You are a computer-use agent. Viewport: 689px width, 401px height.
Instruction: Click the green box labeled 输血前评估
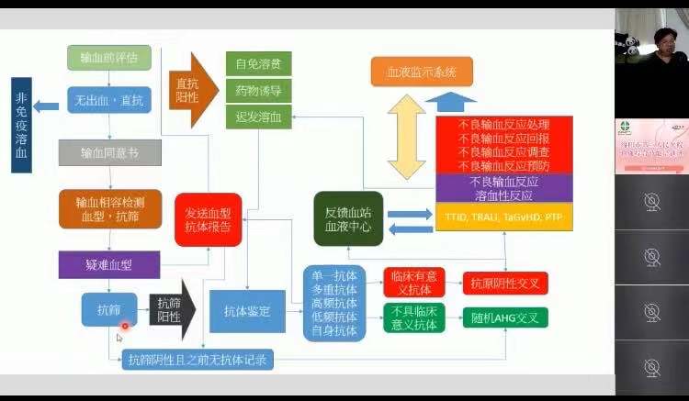pos(109,58)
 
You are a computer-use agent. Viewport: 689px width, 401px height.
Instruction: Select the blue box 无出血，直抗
pos(109,99)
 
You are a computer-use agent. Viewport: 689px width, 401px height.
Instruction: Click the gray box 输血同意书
pos(109,151)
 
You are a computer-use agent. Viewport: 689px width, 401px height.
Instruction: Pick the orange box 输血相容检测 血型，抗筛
pos(109,210)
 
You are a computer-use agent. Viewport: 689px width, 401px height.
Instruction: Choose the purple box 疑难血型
pos(109,264)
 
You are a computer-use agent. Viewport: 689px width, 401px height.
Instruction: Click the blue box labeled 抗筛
pos(109,309)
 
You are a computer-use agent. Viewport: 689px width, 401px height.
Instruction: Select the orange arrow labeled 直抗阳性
pos(192,90)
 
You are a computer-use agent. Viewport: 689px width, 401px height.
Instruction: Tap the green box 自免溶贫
pos(258,64)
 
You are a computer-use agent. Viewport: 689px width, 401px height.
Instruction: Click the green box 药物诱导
pos(258,90)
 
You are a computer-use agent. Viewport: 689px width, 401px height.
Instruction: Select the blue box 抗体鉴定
pos(247,311)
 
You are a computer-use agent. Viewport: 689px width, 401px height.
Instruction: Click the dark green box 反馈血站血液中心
pos(348,218)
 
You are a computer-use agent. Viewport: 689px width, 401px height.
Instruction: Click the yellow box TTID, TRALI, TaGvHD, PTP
pos(503,217)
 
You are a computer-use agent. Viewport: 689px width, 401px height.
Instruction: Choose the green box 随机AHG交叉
pos(504,318)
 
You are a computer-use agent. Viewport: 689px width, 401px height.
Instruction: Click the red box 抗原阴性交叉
pos(504,283)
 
